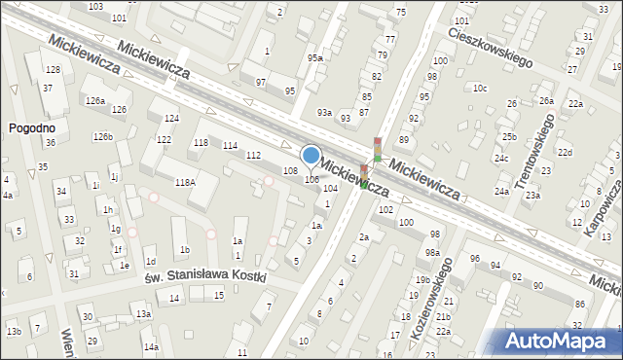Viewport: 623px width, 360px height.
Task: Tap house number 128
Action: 53,70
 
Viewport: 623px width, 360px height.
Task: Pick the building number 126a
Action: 94,101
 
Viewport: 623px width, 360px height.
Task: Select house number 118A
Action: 185,182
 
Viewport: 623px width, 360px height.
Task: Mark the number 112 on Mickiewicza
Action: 253,156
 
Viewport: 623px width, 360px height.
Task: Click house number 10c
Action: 480,89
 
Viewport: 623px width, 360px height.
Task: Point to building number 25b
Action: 509,137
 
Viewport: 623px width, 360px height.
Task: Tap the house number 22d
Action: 565,153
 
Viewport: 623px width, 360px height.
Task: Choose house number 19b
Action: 422,280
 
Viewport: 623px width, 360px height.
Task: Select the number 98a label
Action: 432,253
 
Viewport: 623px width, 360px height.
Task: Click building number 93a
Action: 323,113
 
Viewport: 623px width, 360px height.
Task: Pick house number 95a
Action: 314,58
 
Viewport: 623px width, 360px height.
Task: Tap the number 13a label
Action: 143,314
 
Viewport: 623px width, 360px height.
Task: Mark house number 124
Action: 171,119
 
